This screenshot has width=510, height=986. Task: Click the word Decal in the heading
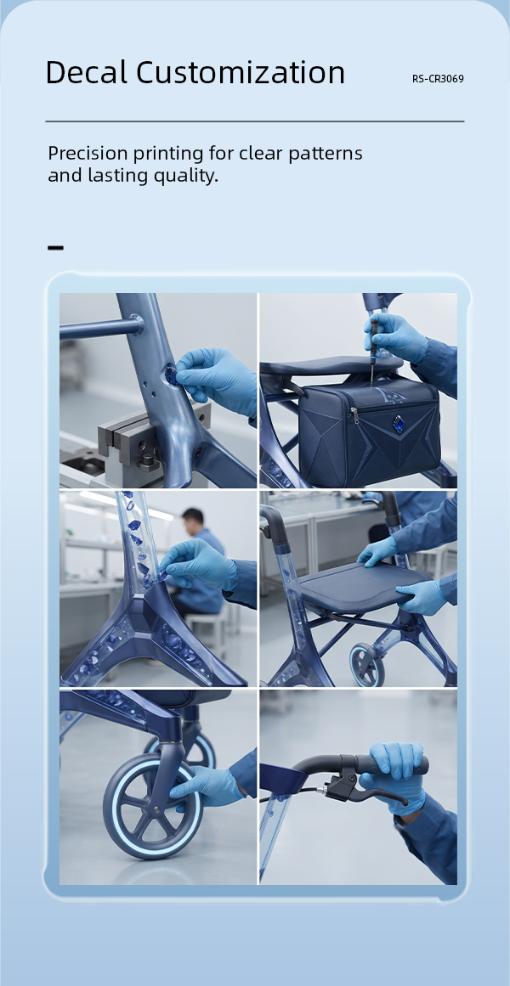point(87,72)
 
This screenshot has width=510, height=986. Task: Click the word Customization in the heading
point(241,72)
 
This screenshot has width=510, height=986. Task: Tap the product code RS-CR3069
point(439,79)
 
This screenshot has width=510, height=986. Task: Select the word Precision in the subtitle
point(88,154)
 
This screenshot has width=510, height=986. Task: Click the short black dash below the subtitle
point(55,248)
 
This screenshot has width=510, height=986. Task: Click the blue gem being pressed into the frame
point(172,376)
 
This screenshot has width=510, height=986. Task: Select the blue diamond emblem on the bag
point(382,420)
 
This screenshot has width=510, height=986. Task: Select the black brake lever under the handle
point(365,791)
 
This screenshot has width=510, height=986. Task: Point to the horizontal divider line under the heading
point(255,121)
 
